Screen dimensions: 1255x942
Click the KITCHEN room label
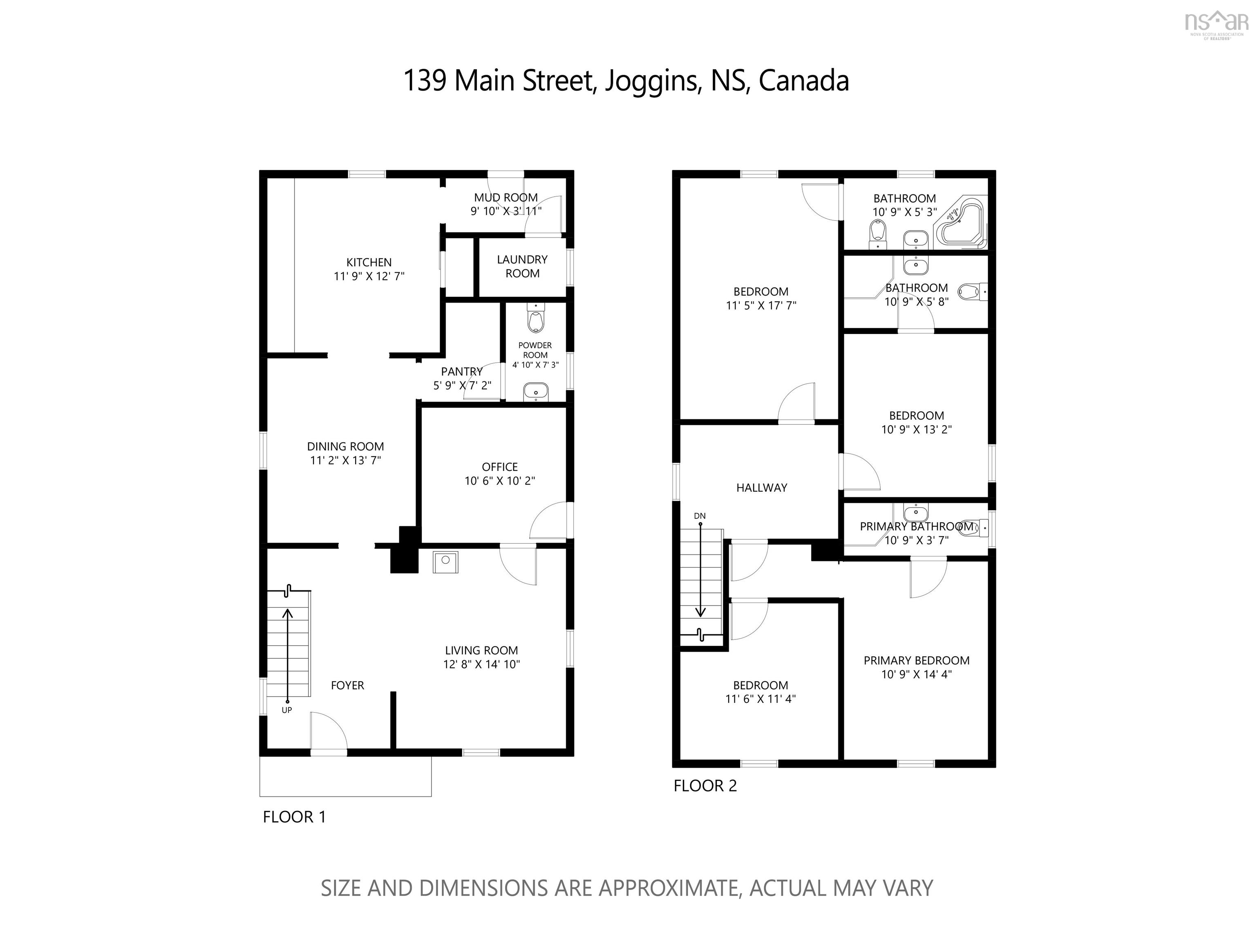click(369, 262)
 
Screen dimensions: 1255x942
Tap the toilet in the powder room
click(535, 318)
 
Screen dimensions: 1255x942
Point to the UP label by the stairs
click(286, 710)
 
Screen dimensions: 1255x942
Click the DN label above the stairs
click(700, 516)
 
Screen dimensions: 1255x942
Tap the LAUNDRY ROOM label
click(522, 266)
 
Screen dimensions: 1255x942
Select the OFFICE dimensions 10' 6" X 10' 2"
click(500, 481)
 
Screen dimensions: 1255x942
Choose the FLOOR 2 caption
click(705, 785)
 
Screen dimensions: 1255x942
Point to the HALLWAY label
click(761, 487)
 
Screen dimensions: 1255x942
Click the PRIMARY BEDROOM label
click(916, 661)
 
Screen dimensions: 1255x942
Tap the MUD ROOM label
click(506, 197)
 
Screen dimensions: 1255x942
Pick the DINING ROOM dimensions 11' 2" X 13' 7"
click(345, 460)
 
